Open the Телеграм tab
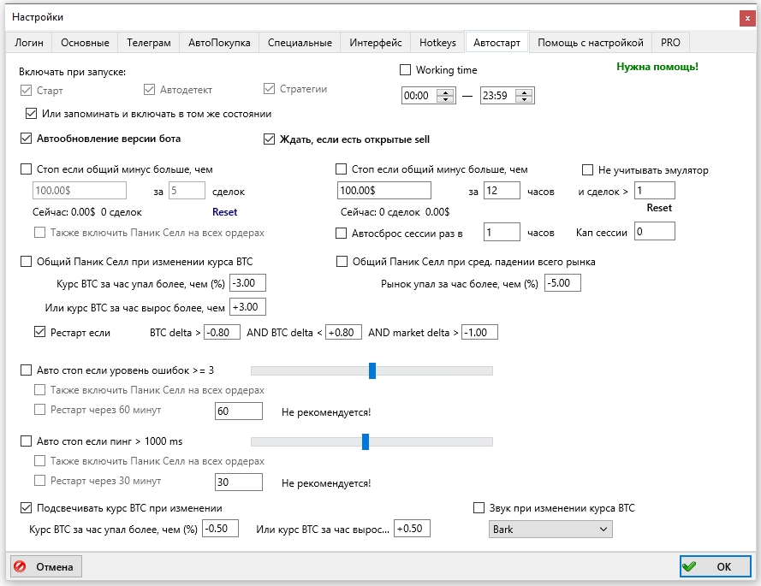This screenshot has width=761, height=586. [148, 43]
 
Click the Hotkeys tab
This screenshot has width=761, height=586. [437, 43]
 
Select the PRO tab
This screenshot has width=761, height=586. [670, 43]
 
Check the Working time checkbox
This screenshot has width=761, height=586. [405, 70]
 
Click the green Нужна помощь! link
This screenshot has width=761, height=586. [657, 67]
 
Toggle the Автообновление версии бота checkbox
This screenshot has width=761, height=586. [27, 139]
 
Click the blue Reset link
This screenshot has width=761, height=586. [225, 212]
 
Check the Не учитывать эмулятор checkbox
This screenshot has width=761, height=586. [587, 169]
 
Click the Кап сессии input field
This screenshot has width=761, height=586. [655, 231]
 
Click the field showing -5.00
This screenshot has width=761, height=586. [563, 283]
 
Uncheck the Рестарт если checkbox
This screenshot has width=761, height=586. [39, 332]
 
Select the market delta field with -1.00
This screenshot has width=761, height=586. [479, 332]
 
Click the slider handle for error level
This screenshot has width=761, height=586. [372, 370]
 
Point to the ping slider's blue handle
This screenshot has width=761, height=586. [366, 441]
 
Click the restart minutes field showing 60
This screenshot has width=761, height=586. [239, 411]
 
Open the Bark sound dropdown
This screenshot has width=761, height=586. [550, 530]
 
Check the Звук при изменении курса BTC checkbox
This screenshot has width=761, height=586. [479, 508]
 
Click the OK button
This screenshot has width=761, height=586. [716, 566]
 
